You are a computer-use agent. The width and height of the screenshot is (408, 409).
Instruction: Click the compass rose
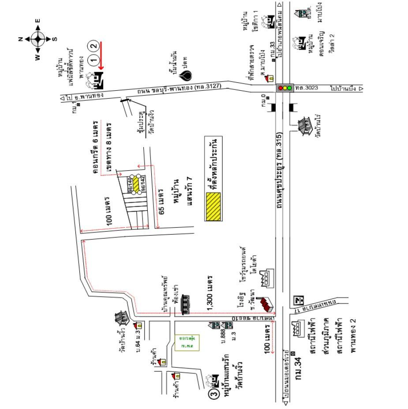(38, 39)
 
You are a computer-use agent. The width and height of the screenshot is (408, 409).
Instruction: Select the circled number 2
(93, 45)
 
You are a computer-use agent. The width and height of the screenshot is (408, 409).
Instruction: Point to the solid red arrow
(101, 55)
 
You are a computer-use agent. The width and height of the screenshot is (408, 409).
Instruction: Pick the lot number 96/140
(131, 185)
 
